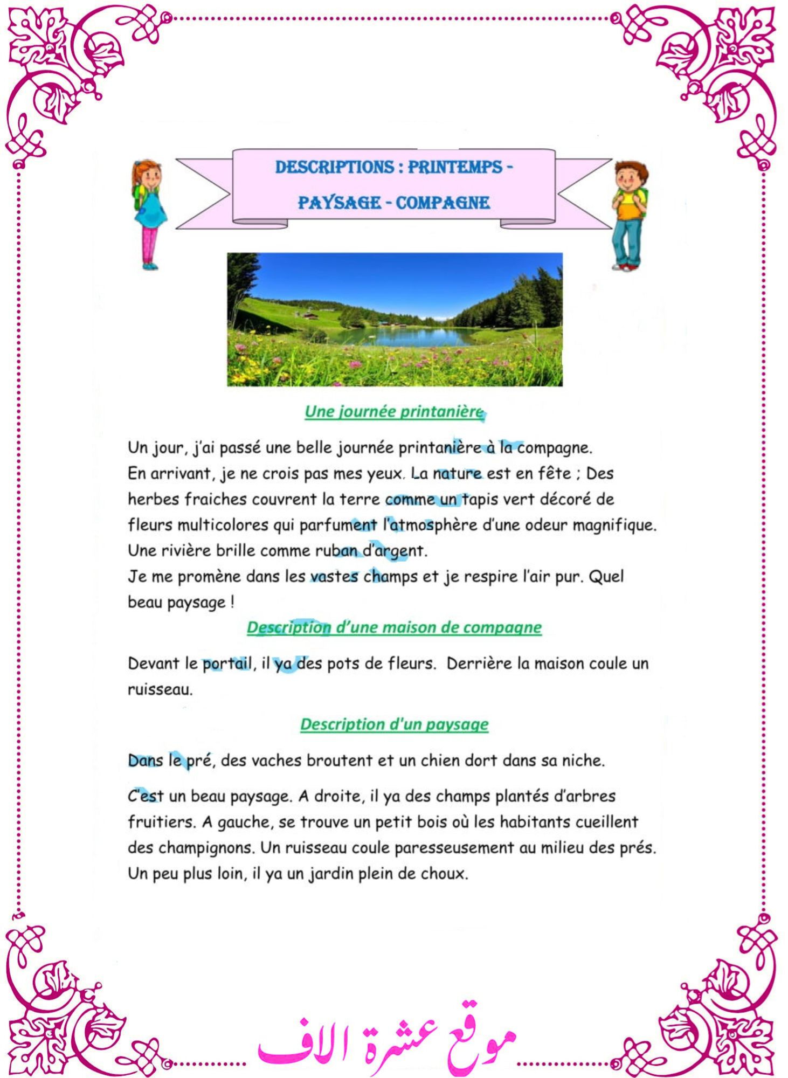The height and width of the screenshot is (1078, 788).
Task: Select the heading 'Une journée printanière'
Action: point(394,412)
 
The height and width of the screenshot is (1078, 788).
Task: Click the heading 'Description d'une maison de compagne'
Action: point(394,627)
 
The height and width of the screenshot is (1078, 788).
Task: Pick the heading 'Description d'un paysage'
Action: point(394,724)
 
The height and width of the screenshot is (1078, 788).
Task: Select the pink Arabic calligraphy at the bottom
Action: point(386,1038)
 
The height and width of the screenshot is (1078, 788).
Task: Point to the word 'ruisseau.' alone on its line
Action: point(160,689)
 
